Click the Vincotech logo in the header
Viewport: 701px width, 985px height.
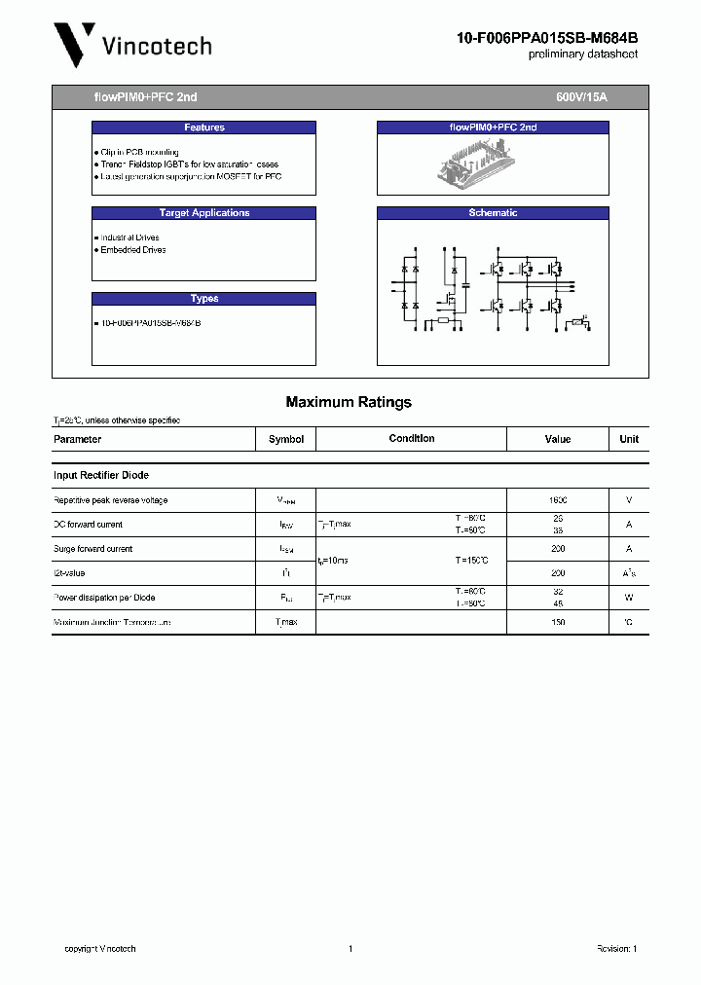(130, 44)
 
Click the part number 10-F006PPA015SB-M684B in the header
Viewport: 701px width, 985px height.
(547, 38)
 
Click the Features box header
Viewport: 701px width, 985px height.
(203, 128)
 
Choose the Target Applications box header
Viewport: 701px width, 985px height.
(203, 213)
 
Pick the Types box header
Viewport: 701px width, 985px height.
(203, 299)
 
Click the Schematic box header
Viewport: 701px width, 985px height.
(493, 213)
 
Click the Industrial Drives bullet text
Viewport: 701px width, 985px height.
(129, 237)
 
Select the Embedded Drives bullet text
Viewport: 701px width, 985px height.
(132, 250)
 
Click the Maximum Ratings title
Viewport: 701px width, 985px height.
(349, 402)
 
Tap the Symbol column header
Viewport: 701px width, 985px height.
(286, 439)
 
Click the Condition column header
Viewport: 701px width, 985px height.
(412, 439)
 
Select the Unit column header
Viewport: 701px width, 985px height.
(629, 439)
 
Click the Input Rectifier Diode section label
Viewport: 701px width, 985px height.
(101, 475)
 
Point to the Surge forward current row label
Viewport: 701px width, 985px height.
(92, 549)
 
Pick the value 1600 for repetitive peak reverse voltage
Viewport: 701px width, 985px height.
(558, 500)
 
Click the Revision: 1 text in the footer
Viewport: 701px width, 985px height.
(616, 949)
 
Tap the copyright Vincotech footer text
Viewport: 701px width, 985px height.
(100, 949)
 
